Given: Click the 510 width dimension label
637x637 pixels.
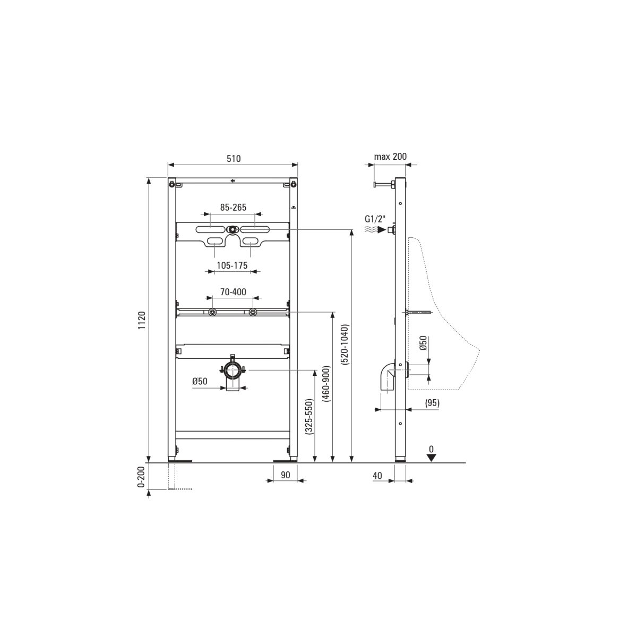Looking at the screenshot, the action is tap(234, 159).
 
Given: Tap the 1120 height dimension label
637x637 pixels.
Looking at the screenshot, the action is tap(142, 320).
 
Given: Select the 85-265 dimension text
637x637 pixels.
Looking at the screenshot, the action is tap(234, 207).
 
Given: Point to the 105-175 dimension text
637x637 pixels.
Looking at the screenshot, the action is tap(232, 265).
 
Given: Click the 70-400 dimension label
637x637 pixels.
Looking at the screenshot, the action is tap(234, 292).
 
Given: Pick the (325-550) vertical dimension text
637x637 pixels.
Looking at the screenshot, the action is tap(309, 417).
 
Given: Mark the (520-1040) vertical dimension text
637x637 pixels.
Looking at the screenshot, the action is tap(346, 345).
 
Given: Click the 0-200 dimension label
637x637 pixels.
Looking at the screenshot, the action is tap(142, 477).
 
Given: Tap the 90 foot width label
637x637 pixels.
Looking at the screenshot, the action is tap(285, 475).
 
